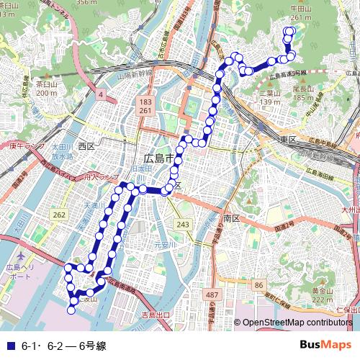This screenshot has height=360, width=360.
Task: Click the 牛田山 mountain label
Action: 300,9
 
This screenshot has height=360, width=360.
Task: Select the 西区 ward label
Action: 86,146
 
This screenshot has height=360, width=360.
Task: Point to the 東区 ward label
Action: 289,139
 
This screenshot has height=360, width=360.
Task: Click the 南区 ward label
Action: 231,217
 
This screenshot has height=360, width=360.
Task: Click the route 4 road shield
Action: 101,94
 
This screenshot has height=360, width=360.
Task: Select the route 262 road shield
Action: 59,215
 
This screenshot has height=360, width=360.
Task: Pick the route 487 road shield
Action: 212,295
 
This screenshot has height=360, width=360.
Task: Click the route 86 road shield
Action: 258,286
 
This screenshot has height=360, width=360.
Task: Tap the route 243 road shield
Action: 183,225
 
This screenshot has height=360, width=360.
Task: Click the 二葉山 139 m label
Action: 269,98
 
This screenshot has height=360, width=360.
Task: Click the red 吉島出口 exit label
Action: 156,315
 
